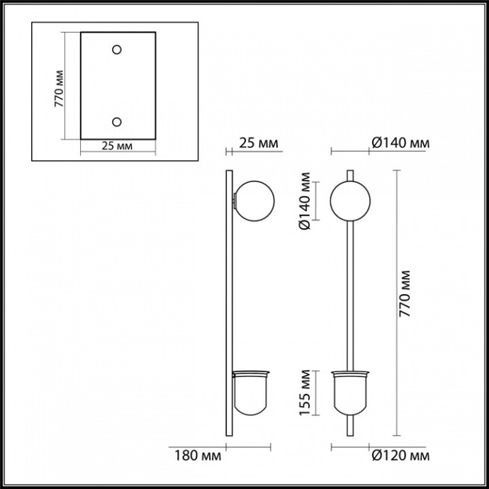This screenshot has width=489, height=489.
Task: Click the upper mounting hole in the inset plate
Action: [x=117, y=50]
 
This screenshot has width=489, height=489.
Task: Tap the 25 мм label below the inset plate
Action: [x=117, y=146]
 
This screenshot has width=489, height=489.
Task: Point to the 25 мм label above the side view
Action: [x=259, y=144]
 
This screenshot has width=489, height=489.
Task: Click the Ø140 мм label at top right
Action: [x=400, y=144]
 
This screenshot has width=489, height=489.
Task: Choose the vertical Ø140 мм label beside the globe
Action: [x=302, y=201]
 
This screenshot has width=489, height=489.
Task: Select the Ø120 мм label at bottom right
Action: [x=400, y=455]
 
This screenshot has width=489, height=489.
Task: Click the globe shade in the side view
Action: [x=253, y=201]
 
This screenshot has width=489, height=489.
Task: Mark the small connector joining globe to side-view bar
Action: [x=234, y=201]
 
